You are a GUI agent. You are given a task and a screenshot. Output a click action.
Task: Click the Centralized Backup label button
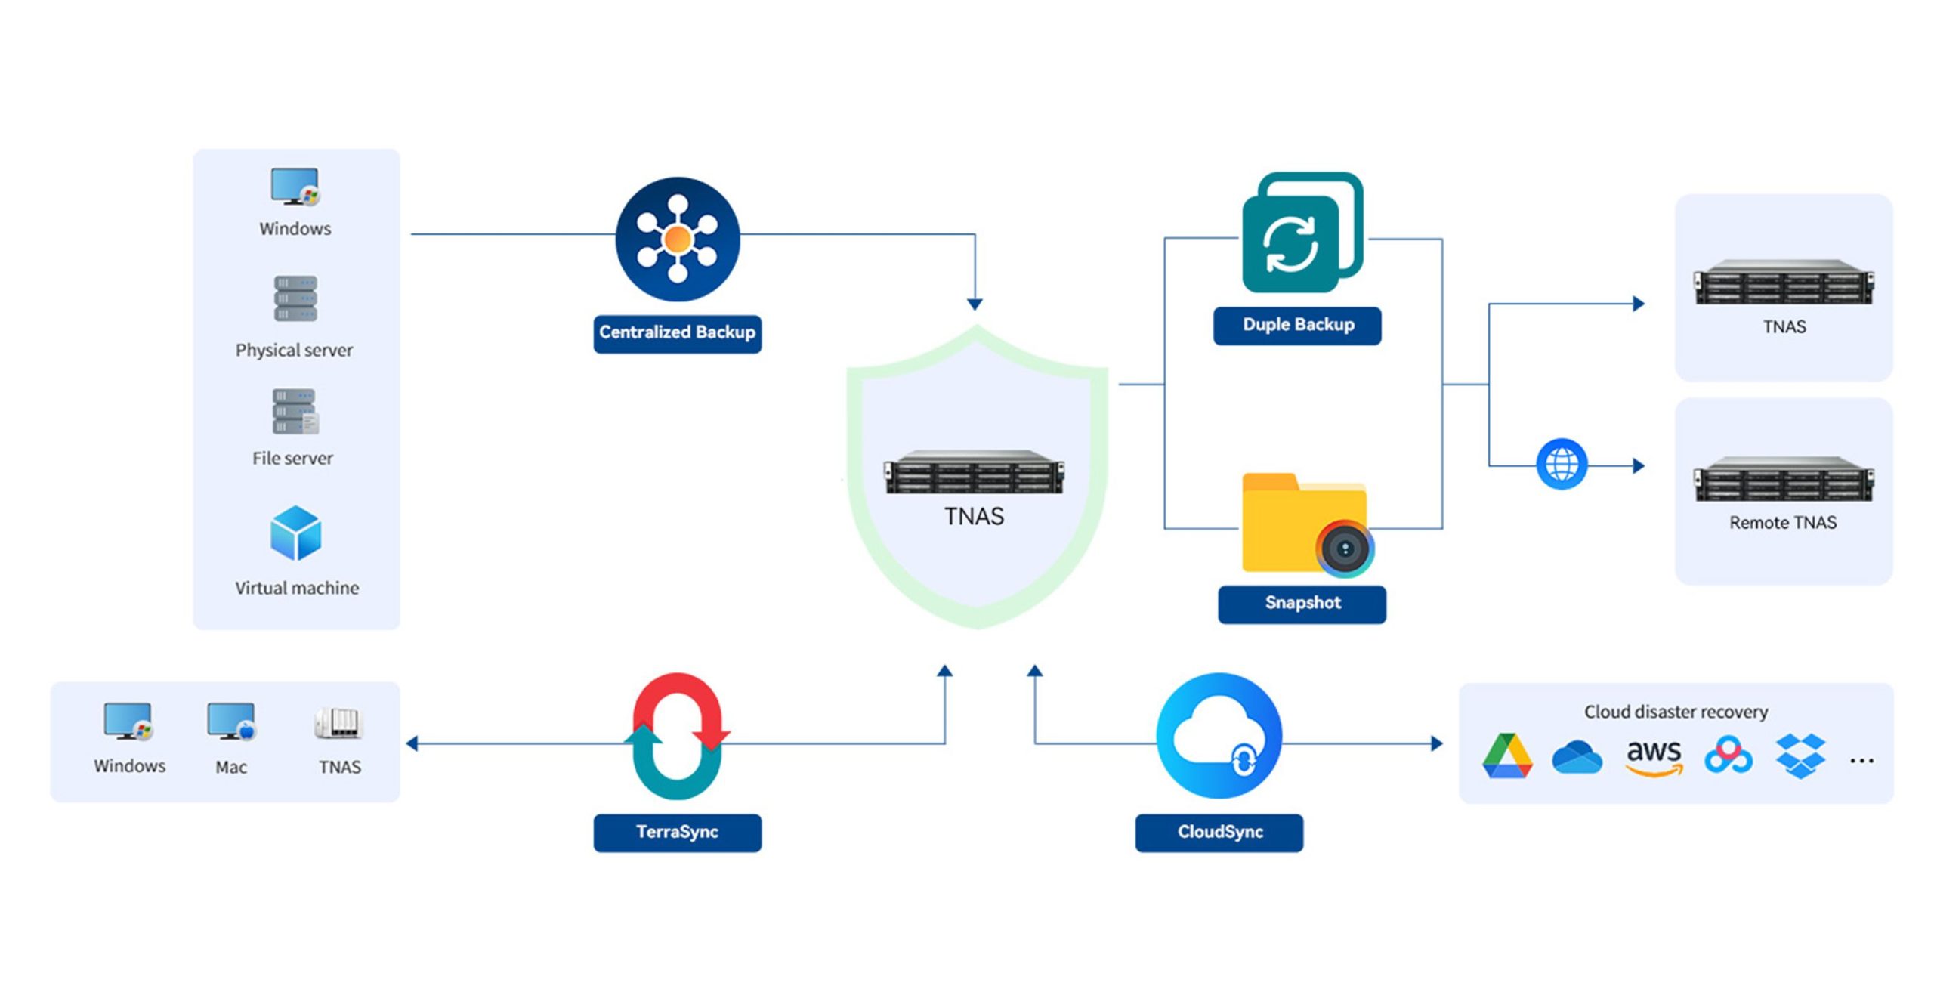pyautogui.click(x=677, y=333)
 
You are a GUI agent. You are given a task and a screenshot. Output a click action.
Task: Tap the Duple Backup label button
pyautogui.click(x=1297, y=326)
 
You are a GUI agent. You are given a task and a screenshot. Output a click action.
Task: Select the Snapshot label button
pyautogui.click(x=1302, y=604)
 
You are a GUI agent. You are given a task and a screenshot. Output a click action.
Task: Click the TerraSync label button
pyautogui.click(x=677, y=833)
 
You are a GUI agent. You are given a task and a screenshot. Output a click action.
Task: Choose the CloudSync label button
pyautogui.click(x=1219, y=833)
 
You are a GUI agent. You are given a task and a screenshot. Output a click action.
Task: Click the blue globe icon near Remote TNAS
pyautogui.click(x=1562, y=464)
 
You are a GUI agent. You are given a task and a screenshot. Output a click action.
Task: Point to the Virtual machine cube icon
pyautogui.click(x=295, y=533)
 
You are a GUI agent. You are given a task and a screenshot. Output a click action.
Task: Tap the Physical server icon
pyautogui.click(x=295, y=298)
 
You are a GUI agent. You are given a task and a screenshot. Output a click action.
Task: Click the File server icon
pyautogui.click(x=295, y=412)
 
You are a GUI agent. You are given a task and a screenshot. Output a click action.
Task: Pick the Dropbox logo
pyautogui.click(x=1800, y=756)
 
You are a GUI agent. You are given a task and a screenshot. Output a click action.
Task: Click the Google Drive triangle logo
pyautogui.click(x=1507, y=756)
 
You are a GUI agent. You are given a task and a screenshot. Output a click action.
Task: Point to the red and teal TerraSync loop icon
pyautogui.click(x=677, y=736)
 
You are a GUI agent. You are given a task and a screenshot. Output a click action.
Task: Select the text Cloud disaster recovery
pyautogui.click(x=1676, y=712)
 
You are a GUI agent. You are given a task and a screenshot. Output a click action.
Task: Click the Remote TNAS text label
pyautogui.click(x=1783, y=523)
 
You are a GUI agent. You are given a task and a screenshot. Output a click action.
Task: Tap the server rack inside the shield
pyautogui.click(x=975, y=473)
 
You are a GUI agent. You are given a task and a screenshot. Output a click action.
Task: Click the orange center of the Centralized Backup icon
pyautogui.click(x=677, y=239)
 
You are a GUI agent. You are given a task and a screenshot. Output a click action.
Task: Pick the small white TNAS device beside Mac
pyautogui.click(x=339, y=723)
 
